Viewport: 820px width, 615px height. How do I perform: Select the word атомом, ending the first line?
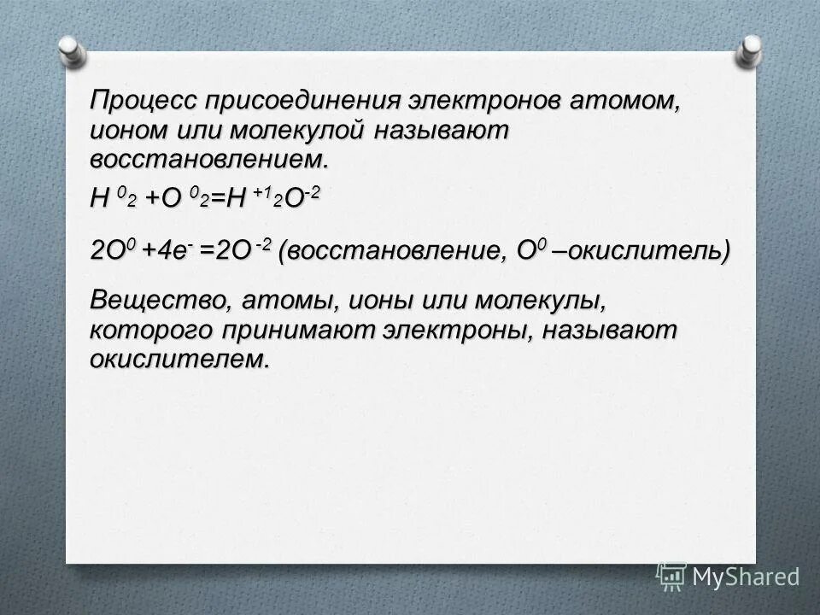(x=626, y=101)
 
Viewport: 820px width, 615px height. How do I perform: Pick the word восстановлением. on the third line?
(x=209, y=160)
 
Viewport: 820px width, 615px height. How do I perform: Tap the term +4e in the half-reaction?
(x=173, y=253)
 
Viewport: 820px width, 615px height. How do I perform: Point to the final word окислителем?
(x=179, y=359)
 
